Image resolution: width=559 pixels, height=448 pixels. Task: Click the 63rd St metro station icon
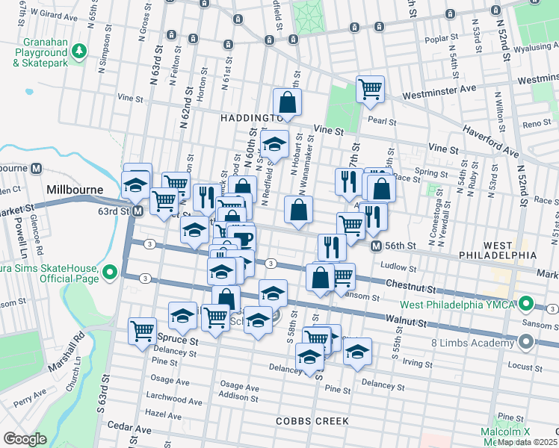point(138,211)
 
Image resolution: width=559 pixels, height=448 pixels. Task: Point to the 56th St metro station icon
point(378,246)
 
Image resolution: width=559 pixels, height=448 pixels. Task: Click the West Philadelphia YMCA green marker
point(525,304)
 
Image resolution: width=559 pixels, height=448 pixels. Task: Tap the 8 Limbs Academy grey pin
point(525,343)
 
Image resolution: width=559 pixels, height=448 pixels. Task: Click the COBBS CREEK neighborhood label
point(312,421)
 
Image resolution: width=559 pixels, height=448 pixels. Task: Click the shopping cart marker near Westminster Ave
point(371,90)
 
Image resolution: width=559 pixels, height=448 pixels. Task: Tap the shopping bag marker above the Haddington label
point(286,102)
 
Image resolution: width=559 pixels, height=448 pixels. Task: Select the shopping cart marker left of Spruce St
point(142,331)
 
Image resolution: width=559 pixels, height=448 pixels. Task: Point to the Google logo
point(24,439)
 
